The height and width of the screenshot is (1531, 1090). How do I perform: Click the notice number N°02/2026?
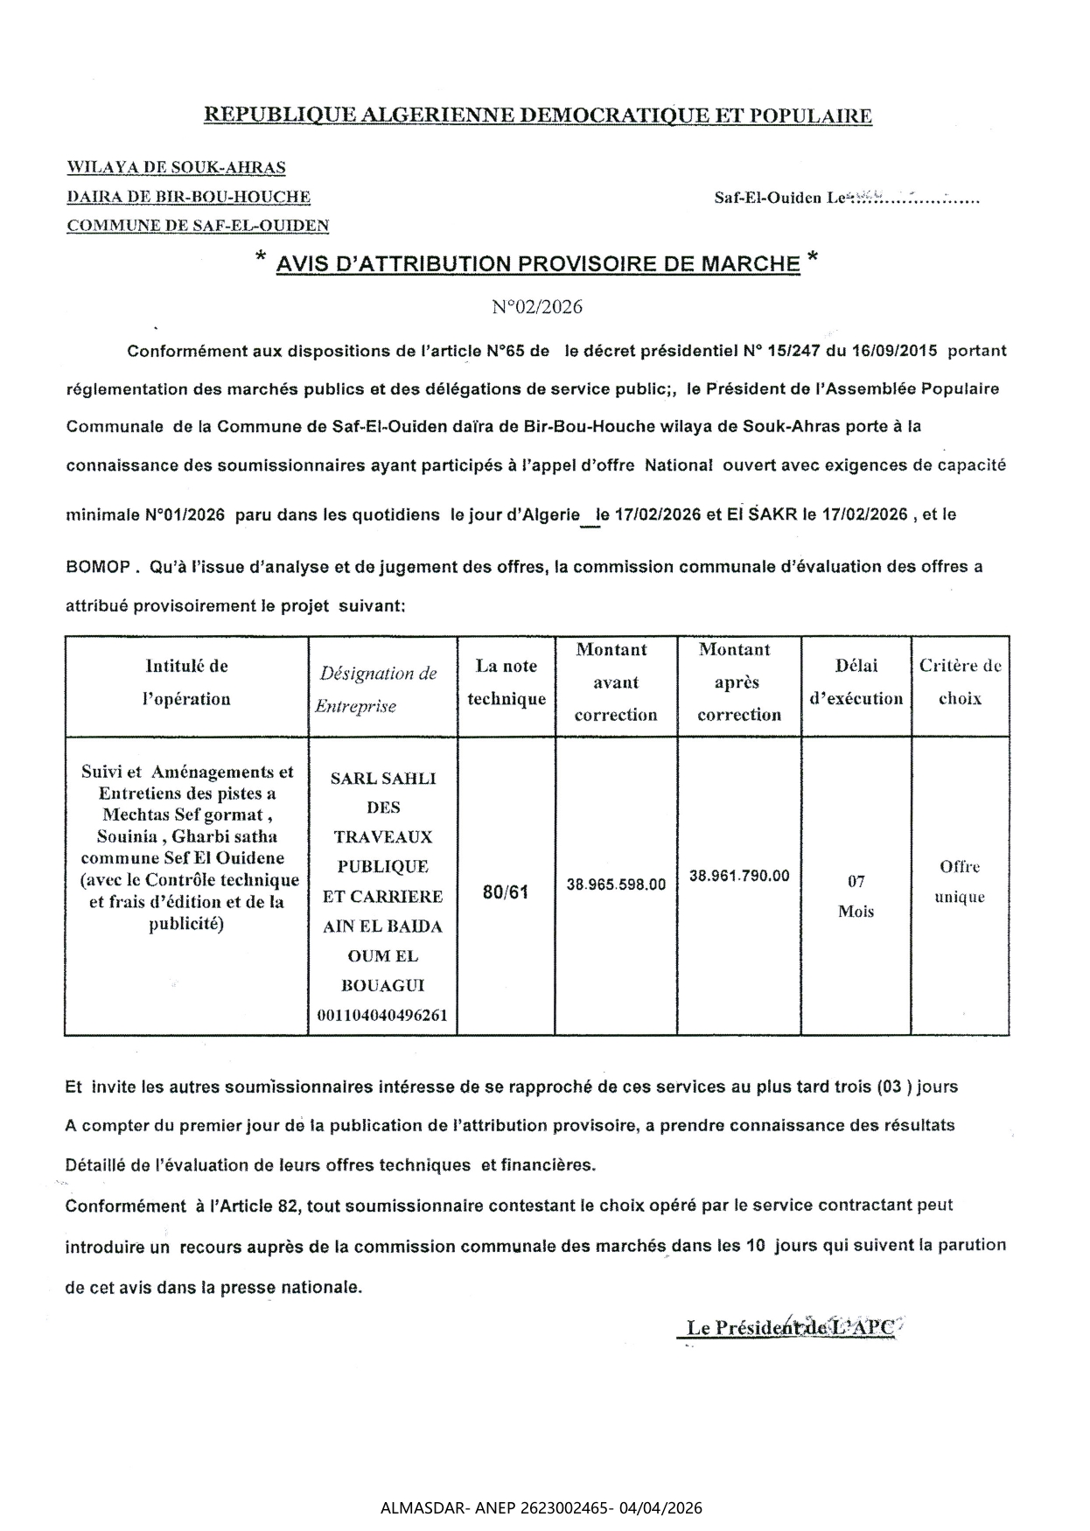(536, 307)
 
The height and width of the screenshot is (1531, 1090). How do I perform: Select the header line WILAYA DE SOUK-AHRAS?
(176, 167)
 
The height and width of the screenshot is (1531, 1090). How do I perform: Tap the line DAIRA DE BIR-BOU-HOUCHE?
(188, 197)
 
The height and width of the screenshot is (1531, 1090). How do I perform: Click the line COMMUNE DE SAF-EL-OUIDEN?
(198, 226)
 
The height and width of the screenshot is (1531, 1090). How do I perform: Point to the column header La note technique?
(506, 682)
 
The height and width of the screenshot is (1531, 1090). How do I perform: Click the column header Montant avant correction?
(616, 682)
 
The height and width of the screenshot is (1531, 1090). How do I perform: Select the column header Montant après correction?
(738, 682)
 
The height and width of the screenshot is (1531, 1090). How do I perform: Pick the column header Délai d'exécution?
(856, 682)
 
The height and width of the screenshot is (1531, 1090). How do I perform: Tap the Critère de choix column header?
(960, 682)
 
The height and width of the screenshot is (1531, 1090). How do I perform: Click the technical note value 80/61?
(506, 893)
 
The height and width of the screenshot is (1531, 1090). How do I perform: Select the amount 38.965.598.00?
(616, 884)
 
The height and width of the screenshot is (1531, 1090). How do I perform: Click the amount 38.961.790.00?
(739, 876)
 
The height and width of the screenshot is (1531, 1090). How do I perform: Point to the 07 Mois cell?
(856, 896)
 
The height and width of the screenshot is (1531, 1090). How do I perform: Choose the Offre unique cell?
(960, 882)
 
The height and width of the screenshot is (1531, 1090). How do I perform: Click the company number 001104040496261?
(383, 1016)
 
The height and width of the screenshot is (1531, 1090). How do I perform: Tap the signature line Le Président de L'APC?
(790, 1327)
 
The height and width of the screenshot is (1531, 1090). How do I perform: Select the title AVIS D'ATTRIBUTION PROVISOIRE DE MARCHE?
(537, 263)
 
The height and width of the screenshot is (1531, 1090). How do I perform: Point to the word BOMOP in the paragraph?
(98, 567)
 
